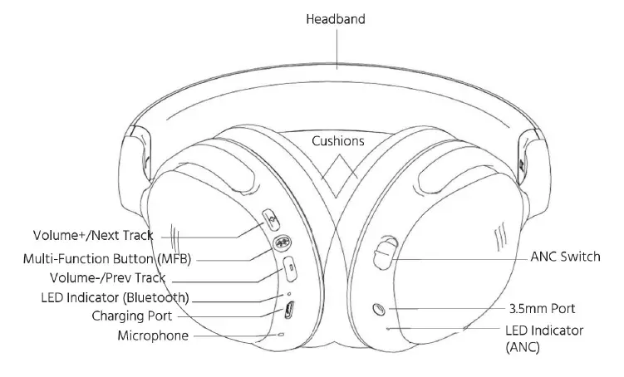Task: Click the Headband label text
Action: (337, 19)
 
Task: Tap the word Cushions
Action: (337, 141)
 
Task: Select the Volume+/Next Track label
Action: (93, 235)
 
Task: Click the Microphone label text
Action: (152, 335)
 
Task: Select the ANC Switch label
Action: (564, 257)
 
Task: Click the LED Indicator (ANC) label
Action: (543, 339)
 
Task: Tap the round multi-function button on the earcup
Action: (282, 243)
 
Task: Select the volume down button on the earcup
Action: (288, 267)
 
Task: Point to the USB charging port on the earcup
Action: (287, 311)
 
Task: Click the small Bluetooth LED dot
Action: (288, 292)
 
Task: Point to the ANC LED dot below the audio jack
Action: (388, 327)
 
